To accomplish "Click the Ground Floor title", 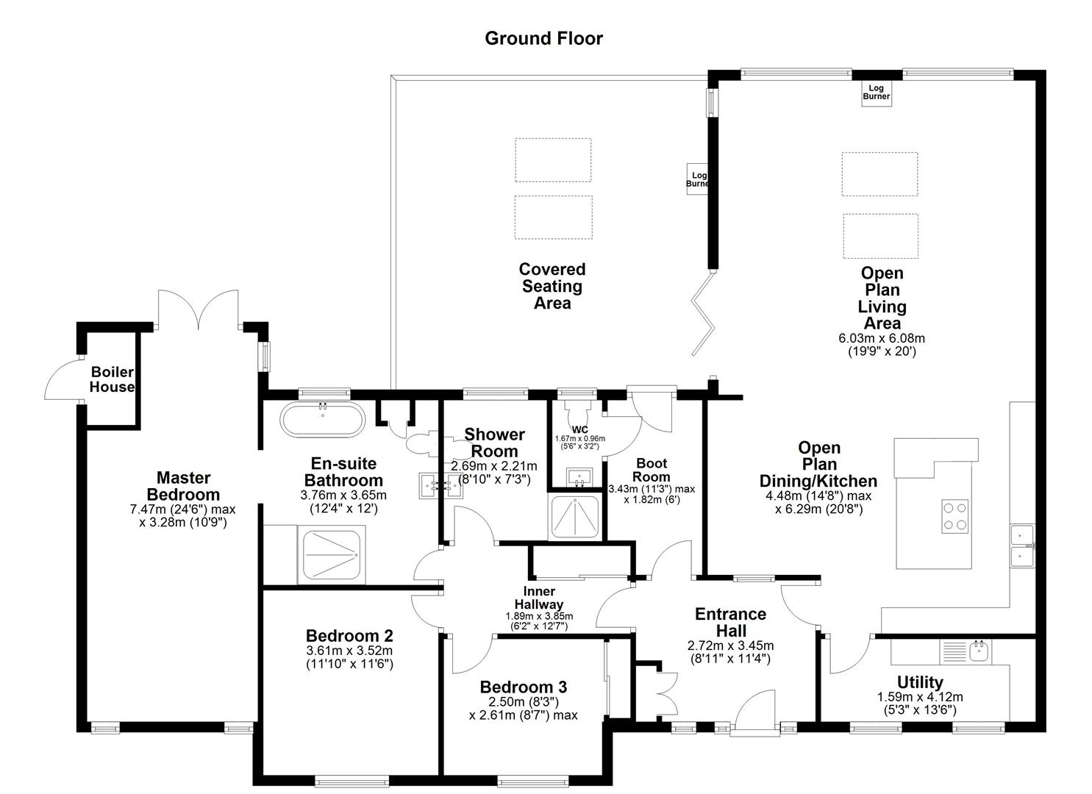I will click(543, 38).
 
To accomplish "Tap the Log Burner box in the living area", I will click(876, 93).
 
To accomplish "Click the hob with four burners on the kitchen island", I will click(955, 515).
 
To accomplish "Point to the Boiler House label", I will click(112, 379).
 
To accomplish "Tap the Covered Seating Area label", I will click(552, 287).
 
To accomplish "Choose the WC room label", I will click(579, 429).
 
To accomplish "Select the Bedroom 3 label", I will click(523, 687).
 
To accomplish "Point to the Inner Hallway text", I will click(539, 598).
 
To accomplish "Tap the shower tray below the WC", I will click(577, 518).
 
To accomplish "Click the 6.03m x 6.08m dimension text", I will click(882, 338).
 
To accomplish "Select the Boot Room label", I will click(651, 470).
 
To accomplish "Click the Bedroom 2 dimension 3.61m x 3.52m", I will click(349, 651).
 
